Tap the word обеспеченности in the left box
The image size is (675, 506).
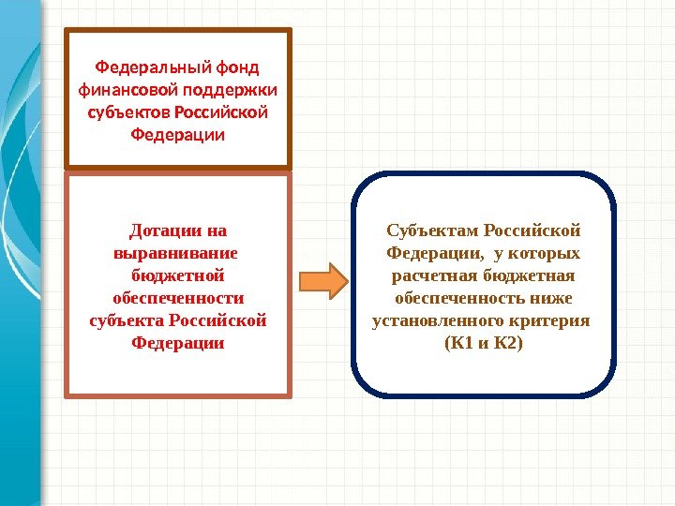click(x=178, y=298)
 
